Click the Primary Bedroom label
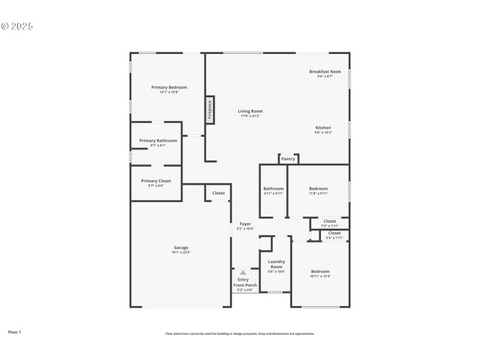(169, 87)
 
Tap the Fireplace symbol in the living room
(210, 110)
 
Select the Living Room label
(250, 111)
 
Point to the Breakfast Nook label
(325, 71)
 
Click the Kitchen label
(323, 128)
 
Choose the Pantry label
(288, 159)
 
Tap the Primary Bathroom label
(158, 140)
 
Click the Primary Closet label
(156, 181)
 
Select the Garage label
(181, 247)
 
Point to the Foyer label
(245, 224)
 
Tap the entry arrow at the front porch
(243, 272)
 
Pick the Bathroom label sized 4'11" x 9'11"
(274, 188)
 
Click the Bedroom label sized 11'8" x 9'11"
(319, 188)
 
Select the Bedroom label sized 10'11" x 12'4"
(320, 271)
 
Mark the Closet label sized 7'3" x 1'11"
(330, 221)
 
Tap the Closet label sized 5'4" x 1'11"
(334, 233)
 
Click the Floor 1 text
(14, 331)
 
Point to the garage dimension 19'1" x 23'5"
(181, 252)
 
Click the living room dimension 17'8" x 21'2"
(250, 116)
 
